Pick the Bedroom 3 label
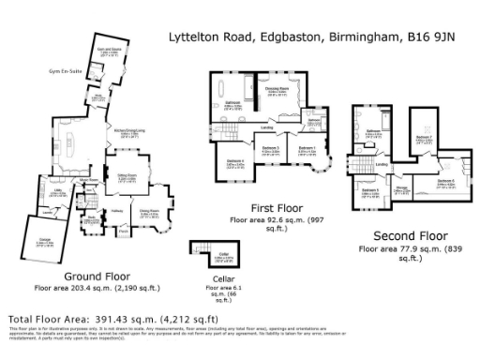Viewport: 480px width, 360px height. pyautogui.click(x=271, y=148)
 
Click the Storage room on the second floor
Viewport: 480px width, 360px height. pyautogui.click(x=401, y=188)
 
